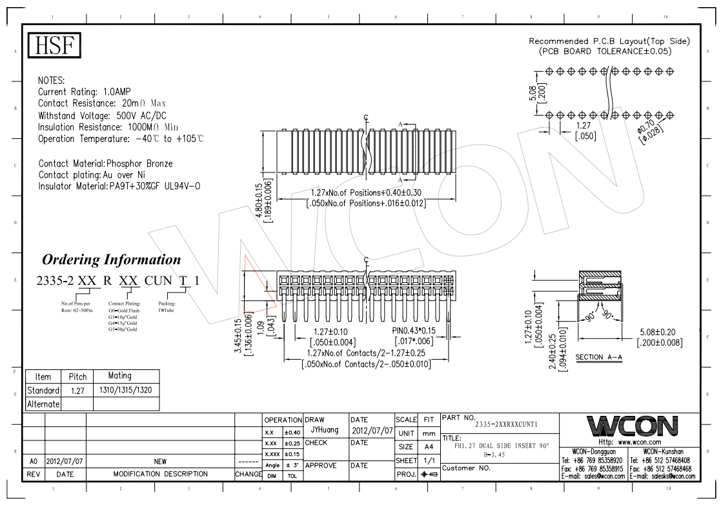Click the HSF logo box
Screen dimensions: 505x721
point(56,47)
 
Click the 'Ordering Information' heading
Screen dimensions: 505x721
point(112,260)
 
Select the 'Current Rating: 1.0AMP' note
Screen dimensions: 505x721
point(85,92)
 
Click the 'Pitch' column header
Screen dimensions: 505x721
point(77,376)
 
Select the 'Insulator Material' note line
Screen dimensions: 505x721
point(119,186)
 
